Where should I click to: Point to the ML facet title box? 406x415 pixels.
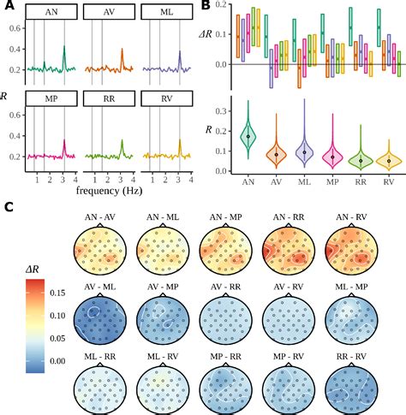(168, 13)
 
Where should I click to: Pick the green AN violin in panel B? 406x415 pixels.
(248, 134)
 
